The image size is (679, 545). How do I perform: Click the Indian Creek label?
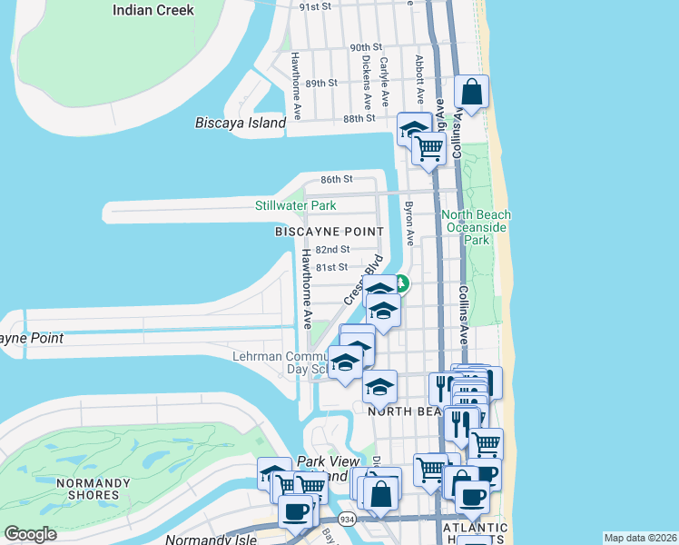pyautogui.click(x=153, y=10)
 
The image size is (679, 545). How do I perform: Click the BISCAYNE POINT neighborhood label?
pyautogui.click(x=322, y=233)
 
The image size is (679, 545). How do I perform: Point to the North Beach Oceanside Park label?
pyautogui.click(x=477, y=227)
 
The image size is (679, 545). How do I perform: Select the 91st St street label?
pyautogui.click(x=319, y=6)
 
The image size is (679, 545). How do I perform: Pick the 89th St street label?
pyautogui.click(x=321, y=83)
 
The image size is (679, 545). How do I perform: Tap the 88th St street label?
pyautogui.click(x=359, y=118)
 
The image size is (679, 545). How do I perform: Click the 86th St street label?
pyautogui.click(x=336, y=180)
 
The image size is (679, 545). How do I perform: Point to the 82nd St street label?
pyautogui.click(x=333, y=249)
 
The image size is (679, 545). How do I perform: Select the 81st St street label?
pyautogui.click(x=331, y=267)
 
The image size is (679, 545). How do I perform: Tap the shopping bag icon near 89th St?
pyautogui.click(x=471, y=92)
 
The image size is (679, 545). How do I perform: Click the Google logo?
pyautogui.click(x=31, y=534)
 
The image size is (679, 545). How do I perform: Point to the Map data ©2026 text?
pyautogui.click(x=640, y=538)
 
